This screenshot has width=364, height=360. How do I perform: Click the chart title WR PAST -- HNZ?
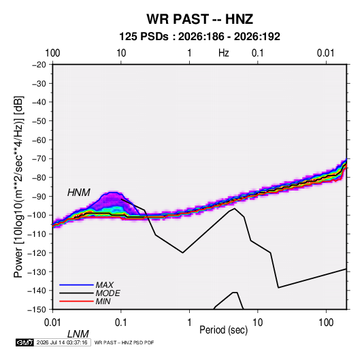[199, 19]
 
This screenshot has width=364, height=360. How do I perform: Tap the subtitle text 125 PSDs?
[144, 37]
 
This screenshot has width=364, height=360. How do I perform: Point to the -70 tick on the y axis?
[38, 159]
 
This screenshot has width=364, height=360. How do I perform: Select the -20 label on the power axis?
[39, 65]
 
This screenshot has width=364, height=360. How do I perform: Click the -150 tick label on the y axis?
[37, 310]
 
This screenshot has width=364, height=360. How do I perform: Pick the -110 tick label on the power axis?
[37, 234]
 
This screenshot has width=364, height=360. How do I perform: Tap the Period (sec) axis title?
[224, 330]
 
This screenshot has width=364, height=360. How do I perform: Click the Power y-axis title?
[18, 187]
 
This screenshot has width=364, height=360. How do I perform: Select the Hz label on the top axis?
[224, 53]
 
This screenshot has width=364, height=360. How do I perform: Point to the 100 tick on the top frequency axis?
[52, 53]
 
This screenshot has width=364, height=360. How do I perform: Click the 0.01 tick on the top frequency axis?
[326, 53]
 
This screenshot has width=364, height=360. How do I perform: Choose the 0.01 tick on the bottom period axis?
[52, 323]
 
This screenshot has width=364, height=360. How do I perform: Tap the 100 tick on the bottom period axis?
[326, 323]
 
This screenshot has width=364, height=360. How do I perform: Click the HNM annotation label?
[79, 193]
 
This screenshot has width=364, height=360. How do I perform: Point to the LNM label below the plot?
[78, 334]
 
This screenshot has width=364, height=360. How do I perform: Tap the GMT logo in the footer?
[25, 342]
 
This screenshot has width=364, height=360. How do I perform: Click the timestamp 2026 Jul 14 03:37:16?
[62, 342]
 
